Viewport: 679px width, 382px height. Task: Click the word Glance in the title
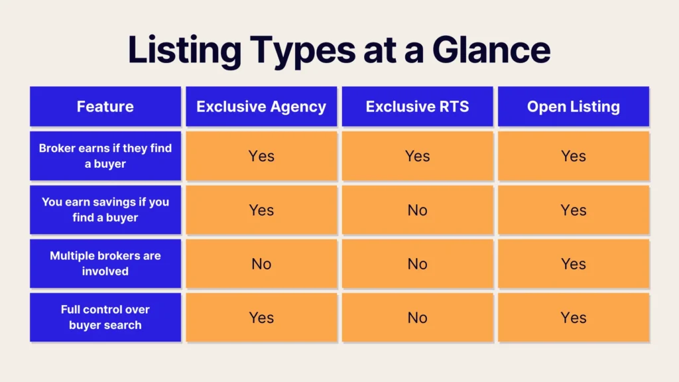pyautogui.click(x=491, y=50)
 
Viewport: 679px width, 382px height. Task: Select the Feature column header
pyautogui.click(x=105, y=107)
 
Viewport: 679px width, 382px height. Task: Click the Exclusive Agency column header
pyautogui.click(x=261, y=107)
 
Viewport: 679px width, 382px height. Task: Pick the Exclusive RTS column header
pyautogui.click(x=418, y=107)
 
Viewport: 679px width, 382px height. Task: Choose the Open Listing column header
pyautogui.click(x=574, y=107)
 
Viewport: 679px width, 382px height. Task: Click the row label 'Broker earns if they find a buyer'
pyautogui.click(x=105, y=156)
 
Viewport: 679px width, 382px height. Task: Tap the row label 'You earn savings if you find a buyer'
pyautogui.click(x=105, y=210)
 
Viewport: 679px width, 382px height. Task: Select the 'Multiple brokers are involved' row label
pyautogui.click(x=105, y=263)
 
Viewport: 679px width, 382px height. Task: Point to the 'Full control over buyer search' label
pyautogui.click(x=105, y=317)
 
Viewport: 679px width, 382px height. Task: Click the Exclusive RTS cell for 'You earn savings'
pyautogui.click(x=418, y=210)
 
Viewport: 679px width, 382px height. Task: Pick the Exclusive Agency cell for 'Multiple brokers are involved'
pyautogui.click(x=261, y=263)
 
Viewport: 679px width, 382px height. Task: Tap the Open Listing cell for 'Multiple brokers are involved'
pyautogui.click(x=574, y=263)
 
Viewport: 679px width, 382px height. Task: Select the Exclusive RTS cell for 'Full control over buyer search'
pyautogui.click(x=418, y=317)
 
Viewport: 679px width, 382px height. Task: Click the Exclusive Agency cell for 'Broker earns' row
pyautogui.click(x=261, y=156)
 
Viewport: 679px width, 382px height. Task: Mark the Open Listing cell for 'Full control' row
pyautogui.click(x=574, y=317)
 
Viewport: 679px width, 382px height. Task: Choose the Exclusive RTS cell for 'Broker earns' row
pyautogui.click(x=418, y=156)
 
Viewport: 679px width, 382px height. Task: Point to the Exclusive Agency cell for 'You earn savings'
pyautogui.click(x=261, y=210)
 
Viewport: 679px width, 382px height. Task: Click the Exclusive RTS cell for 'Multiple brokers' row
pyautogui.click(x=418, y=263)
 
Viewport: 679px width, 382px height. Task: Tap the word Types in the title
pyautogui.click(x=302, y=51)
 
